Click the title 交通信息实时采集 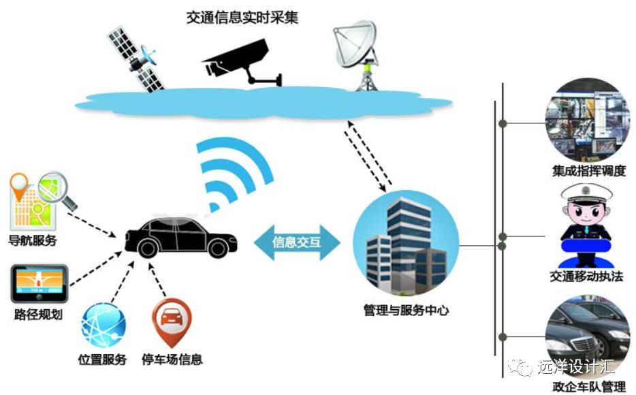coord(242,18)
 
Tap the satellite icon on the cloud coord(136,60)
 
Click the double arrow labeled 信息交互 coord(296,242)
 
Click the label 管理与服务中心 coord(406,311)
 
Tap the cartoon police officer coord(586,225)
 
